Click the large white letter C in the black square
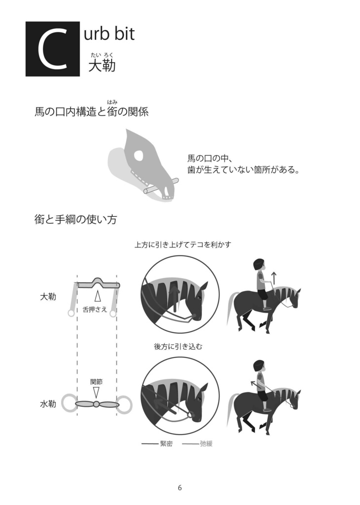pos(52,49)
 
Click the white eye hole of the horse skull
pos(139,156)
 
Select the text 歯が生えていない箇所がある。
pos(244,171)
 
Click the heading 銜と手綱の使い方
pos(75,220)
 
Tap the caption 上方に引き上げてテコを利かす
pos(183,245)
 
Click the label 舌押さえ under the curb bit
pos(95,310)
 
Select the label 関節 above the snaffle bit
pos(97,382)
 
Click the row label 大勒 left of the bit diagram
pos(48,297)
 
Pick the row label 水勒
pos(48,404)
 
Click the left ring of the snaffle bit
pos(69,404)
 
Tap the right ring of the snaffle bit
pos(125,404)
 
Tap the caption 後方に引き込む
pos(178,347)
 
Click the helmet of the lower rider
pos(259,366)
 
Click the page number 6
pos(180,488)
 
